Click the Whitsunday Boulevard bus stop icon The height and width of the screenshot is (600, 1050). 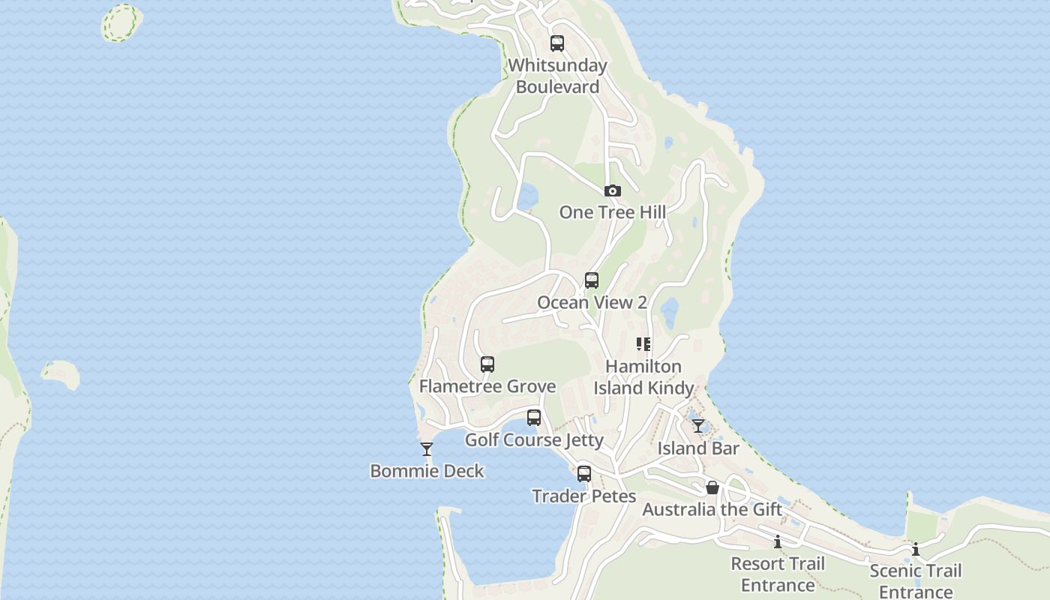coord(556,43)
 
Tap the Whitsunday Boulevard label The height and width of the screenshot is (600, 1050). coord(557,76)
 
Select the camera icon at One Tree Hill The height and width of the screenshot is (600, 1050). coord(613,191)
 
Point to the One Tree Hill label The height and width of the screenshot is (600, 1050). coord(612,212)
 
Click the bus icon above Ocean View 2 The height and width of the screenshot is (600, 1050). coord(592,280)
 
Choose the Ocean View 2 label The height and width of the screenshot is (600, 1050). coord(592,302)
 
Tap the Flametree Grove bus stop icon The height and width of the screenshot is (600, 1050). coord(487,364)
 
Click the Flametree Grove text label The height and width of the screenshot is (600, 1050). coord(487,386)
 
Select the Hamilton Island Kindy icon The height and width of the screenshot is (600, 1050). coord(643,344)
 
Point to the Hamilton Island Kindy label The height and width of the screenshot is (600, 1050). coord(643,377)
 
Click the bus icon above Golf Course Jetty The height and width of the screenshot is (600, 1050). coord(534,418)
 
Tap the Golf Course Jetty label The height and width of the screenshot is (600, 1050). coord(534,439)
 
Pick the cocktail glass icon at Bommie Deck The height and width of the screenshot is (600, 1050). coord(427,449)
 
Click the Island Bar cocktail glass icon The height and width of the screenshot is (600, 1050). coord(698,426)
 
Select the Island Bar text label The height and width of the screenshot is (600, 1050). coord(698,448)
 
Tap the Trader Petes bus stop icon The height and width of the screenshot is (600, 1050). coord(584,474)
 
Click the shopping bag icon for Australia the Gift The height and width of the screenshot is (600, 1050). coord(712,488)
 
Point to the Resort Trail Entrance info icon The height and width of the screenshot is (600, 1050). coord(778,541)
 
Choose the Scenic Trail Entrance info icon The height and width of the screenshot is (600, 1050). coord(916,549)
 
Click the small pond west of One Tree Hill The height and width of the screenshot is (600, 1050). coord(527,196)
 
